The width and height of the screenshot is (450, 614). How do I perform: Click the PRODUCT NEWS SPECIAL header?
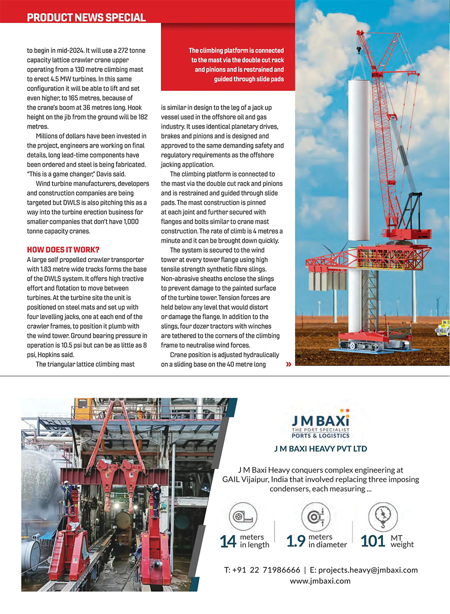pos(86,17)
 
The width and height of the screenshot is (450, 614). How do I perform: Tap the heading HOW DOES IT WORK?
pos(63,250)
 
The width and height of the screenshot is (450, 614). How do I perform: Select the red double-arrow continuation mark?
pos(288,365)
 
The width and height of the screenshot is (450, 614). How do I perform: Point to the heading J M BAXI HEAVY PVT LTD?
pos(320,449)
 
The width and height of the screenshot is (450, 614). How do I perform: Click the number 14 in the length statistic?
pos(227,541)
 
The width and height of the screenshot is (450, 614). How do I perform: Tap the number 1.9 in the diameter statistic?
pos(295,541)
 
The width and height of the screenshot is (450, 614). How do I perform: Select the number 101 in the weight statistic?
pos(372,541)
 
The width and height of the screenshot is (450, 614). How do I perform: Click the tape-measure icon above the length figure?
pos(242,517)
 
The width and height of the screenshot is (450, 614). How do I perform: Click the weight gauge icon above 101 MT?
pos(382,517)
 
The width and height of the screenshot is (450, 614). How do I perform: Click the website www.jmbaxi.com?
pos(320,581)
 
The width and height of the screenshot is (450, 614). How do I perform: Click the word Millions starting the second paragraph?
pos(49,136)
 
